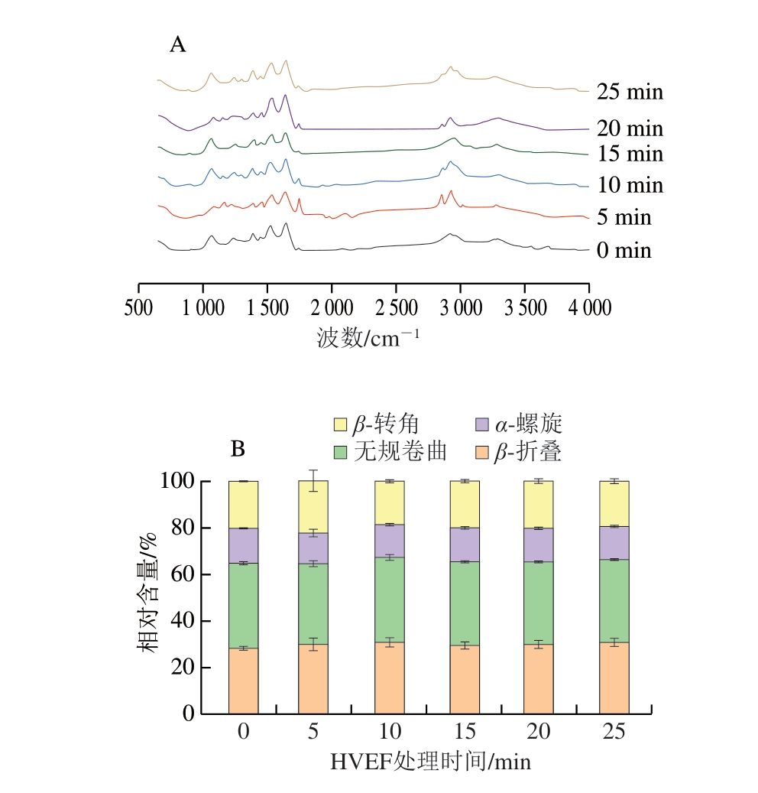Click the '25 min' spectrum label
click(630, 93)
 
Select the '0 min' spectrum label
click(624, 251)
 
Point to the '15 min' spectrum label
click(630, 154)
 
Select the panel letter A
click(177, 45)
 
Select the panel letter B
click(238, 449)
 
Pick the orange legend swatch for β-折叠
click(482, 452)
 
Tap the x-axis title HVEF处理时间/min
click(430, 762)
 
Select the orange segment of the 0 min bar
click(243, 681)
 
